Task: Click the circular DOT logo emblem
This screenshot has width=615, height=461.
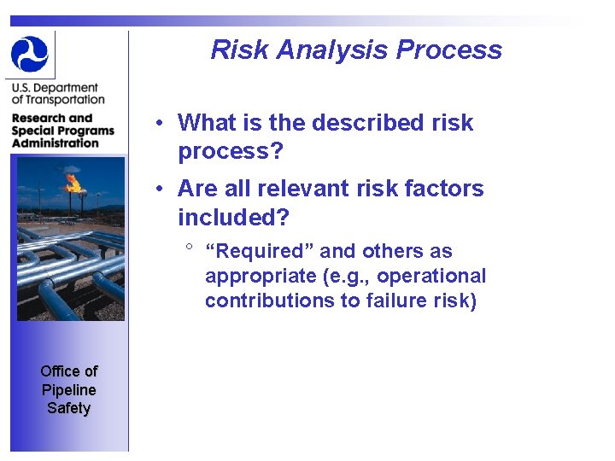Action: click(x=30, y=54)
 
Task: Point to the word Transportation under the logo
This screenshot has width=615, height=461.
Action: click(x=58, y=100)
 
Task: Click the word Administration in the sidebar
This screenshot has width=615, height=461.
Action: click(x=56, y=143)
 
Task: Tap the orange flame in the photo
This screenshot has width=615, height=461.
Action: click(x=73, y=182)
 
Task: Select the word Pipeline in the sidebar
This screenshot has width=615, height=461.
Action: click(x=68, y=389)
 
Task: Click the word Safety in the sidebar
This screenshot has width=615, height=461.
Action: click(x=68, y=408)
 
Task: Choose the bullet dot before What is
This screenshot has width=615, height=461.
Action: click(x=160, y=123)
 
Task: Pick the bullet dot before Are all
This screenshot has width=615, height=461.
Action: click(x=160, y=189)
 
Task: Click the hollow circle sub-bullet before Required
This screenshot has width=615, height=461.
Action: click(x=189, y=248)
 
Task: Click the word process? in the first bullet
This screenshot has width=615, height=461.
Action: click(x=230, y=152)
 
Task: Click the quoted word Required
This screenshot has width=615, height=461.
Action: click(x=260, y=251)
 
